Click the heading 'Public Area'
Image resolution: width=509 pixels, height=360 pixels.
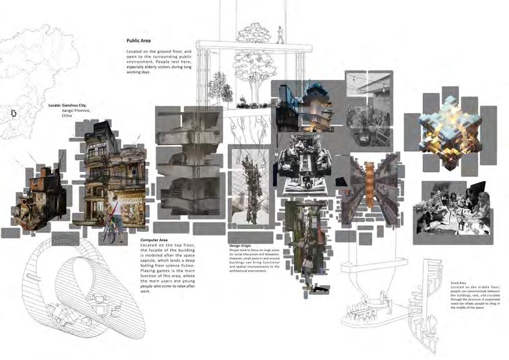(139, 41)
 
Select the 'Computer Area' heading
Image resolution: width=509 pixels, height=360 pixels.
(154, 240)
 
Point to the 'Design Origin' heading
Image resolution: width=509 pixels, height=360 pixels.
(241, 246)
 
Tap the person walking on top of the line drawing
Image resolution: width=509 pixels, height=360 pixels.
(280, 34)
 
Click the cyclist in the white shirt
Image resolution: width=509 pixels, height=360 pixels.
(116, 216)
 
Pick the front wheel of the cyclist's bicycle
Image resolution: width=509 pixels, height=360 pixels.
(108, 234)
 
